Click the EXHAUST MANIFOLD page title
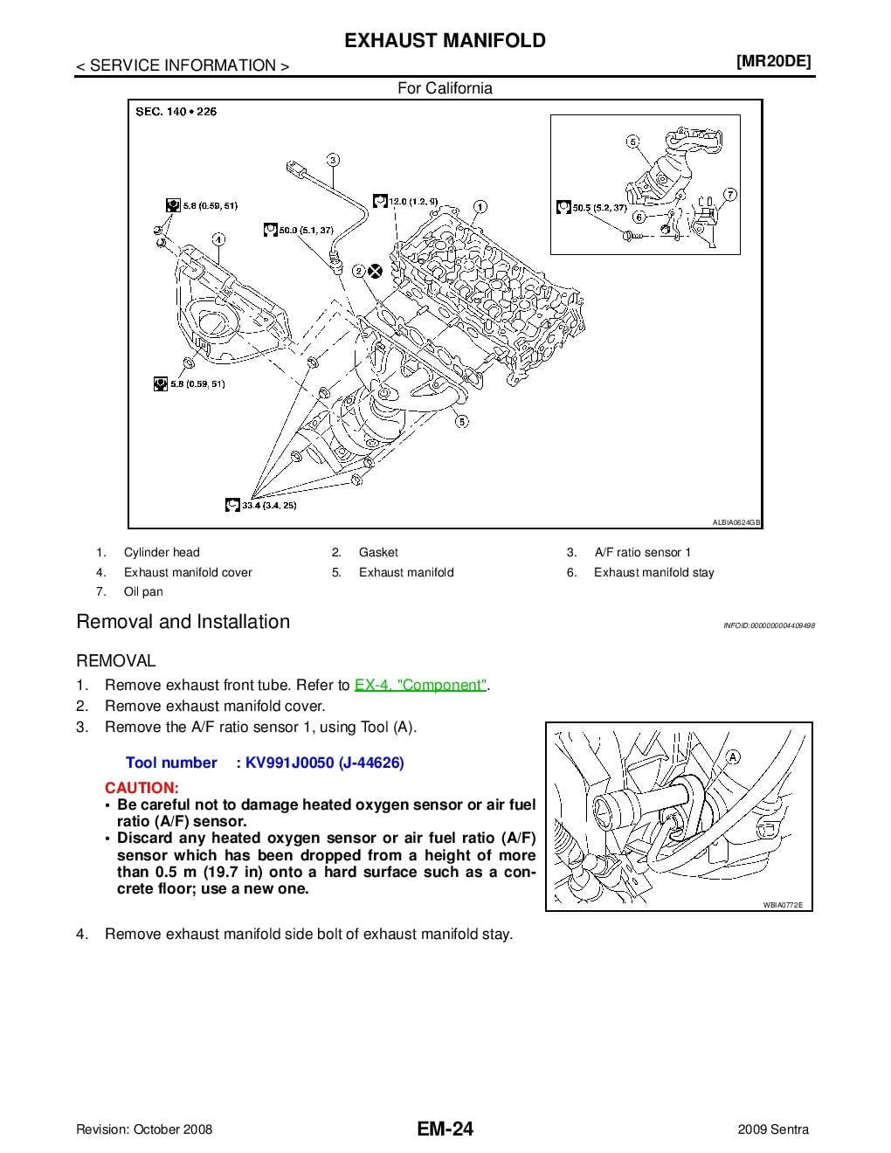click(x=445, y=41)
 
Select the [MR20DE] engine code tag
click(x=774, y=61)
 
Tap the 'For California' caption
click(x=445, y=88)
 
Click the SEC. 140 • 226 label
click(x=176, y=111)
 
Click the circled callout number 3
click(x=333, y=160)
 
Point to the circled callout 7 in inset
click(x=730, y=194)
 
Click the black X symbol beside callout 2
click(x=376, y=271)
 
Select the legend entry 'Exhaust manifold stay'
click(x=653, y=572)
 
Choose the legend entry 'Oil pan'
click(x=143, y=591)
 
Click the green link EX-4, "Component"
click(x=420, y=686)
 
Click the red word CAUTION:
click(x=142, y=787)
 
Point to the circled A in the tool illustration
click(x=733, y=756)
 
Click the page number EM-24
click(x=445, y=1129)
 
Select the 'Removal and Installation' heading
click(x=183, y=622)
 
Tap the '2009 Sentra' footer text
click(x=773, y=1129)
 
